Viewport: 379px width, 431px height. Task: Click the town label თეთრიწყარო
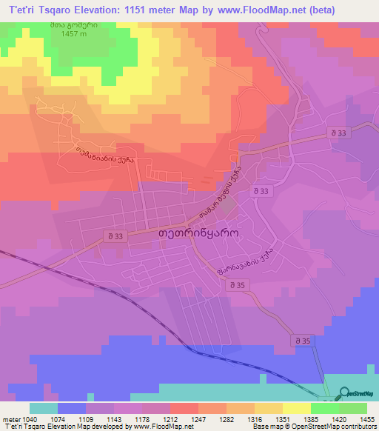[197, 231]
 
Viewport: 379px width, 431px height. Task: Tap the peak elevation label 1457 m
[69, 35]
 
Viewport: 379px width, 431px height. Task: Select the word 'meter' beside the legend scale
[13, 418]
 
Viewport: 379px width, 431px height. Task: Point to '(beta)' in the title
[314, 10]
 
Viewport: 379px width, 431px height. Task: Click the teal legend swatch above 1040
[44, 408]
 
